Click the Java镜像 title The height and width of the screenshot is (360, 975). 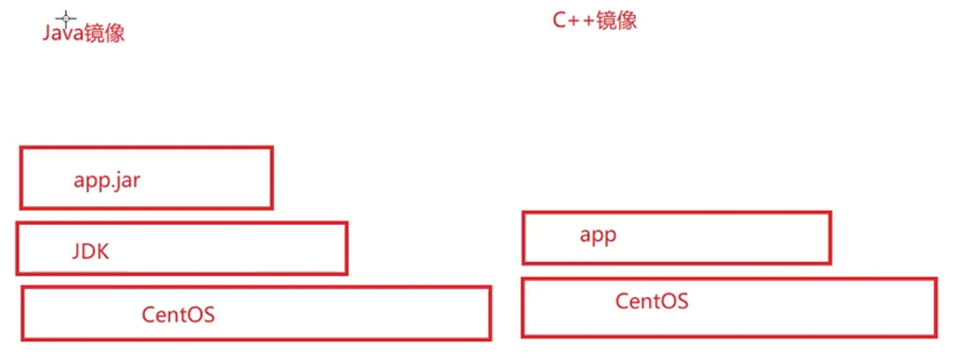click(x=83, y=33)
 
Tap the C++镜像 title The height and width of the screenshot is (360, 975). click(x=595, y=20)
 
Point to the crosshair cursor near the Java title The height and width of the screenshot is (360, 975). click(x=66, y=17)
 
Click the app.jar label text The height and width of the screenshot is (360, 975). click(x=106, y=180)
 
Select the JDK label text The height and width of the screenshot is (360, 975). click(x=90, y=252)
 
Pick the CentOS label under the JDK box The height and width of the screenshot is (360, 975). click(x=178, y=315)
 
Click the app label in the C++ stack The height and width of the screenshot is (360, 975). click(x=597, y=235)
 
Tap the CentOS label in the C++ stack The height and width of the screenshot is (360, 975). click(x=651, y=300)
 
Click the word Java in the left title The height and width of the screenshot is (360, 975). click(x=61, y=33)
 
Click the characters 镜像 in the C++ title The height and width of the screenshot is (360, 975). click(x=617, y=20)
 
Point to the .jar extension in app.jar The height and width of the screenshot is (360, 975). click(x=125, y=180)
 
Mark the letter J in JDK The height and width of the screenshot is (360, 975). click(x=75, y=252)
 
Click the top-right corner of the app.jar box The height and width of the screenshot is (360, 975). click(x=271, y=148)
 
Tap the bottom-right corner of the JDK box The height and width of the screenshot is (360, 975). click(x=346, y=272)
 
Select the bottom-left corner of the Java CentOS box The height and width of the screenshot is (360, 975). click(x=23, y=339)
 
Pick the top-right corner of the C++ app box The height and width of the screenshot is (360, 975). click(x=830, y=214)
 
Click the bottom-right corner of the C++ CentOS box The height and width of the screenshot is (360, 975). click(x=935, y=335)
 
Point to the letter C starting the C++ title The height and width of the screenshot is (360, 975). click(x=560, y=21)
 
